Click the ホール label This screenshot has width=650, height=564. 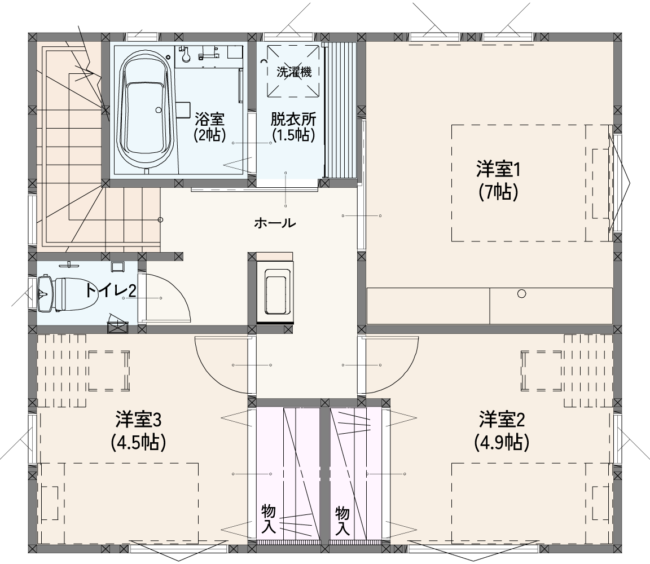(275, 223)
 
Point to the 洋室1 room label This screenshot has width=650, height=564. (498, 170)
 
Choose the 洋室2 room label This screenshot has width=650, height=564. (502, 420)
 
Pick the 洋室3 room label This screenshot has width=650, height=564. (138, 420)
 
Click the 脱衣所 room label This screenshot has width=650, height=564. (293, 119)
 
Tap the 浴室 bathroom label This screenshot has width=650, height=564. (210, 120)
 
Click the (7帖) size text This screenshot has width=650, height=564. (498, 192)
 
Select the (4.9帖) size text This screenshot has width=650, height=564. (502, 443)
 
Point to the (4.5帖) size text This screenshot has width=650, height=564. (138, 443)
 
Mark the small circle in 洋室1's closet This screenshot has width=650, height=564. (521, 294)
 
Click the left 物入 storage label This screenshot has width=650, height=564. (269, 520)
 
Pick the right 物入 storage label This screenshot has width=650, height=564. (342, 520)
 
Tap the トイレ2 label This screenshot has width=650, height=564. (110, 290)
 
